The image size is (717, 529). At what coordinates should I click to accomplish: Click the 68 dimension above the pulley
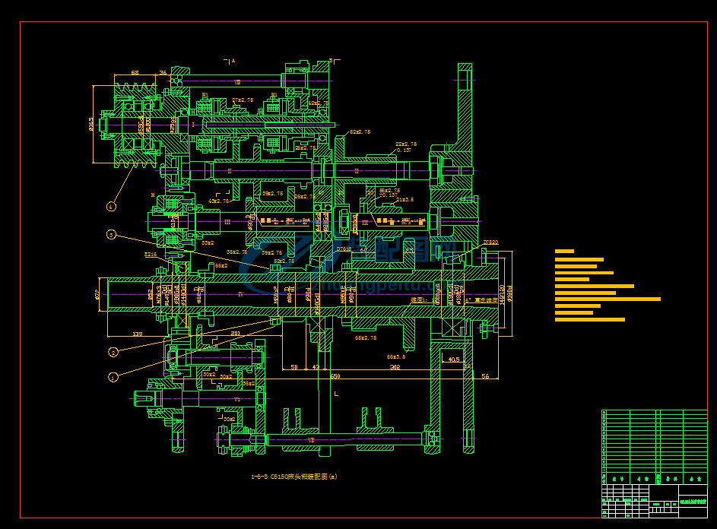click(135, 73)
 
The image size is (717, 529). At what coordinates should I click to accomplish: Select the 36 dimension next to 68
click(163, 73)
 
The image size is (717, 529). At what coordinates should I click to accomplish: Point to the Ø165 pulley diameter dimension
click(92, 124)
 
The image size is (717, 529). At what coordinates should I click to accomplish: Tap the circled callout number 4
click(112, 205)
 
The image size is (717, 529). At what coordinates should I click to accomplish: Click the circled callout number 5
click(111, 235)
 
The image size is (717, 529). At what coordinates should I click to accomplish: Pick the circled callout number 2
click(113, 352)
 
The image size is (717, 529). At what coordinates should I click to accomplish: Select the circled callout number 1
click(113, 376)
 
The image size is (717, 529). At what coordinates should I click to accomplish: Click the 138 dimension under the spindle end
click(137, 334)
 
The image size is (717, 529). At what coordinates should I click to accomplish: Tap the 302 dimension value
click(395, 367)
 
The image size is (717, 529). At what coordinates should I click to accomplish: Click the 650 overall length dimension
click(335, 375)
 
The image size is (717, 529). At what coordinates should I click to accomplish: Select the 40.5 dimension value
click(453, 360)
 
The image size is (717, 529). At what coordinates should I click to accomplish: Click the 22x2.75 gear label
click(406, 144)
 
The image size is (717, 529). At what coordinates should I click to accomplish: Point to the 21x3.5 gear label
click(405, 200)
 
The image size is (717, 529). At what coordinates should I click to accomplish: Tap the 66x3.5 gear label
click(397, 356)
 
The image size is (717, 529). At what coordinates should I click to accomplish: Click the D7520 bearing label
click(490, 243)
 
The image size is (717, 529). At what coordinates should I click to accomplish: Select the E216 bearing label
click(151, 255)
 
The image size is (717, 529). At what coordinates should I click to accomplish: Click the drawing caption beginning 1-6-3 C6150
click(293, 477)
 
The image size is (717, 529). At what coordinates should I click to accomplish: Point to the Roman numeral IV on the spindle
click(240, 293)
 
